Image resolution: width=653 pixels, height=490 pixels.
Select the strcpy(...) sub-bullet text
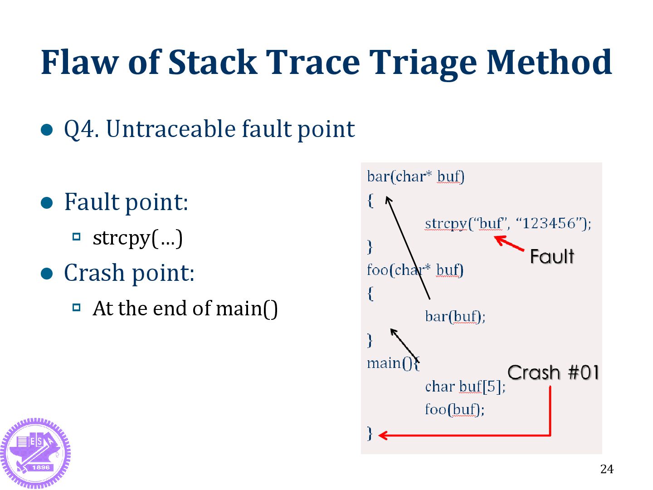click(x=137, y=238)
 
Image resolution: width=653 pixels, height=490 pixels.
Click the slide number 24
click(x=606, y=469)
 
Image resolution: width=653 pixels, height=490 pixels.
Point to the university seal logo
click(x=35, y=453)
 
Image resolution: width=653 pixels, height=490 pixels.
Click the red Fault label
click(x=552, y=257)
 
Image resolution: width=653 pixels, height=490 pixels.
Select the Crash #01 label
click(x=553, y=372)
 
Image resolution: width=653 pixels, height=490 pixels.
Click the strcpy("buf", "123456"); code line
click(x=508, y=223)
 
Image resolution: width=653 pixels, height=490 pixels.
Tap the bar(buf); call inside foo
click(x=455, y=316)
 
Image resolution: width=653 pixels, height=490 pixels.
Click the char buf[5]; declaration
click(x=465, y=387)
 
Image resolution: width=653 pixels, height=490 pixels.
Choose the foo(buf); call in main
click(x=454, y=410)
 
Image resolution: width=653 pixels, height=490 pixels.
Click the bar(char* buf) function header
click(x=415, y=176)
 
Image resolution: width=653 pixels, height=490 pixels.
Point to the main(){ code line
click(x=393, y=363)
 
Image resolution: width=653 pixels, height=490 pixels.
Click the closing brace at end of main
click(x=370, y=433)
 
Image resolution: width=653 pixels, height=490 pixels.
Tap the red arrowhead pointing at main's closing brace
click(x=383, y=436)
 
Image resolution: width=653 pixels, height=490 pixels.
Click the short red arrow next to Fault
click(x=509, y=243)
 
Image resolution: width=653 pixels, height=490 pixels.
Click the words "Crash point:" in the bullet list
click(x=129, y=273)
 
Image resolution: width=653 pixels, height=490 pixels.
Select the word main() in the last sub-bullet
click(x=247, y=309)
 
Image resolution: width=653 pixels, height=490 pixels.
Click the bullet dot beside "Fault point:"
click(x=47, y=202)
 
